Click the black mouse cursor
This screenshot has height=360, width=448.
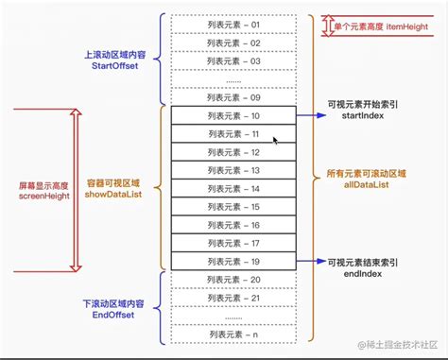click(x=276, y=142)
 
